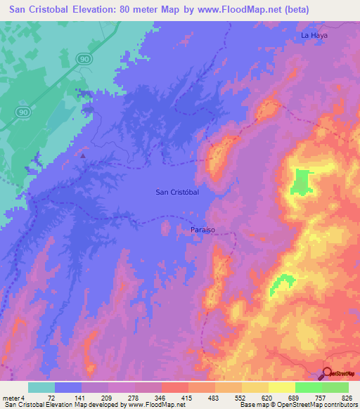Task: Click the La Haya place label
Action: pyautogui.click(x=314, y=34)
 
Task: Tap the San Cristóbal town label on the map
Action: pyautogui.click(x=176, y=192)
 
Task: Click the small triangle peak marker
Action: pyautogui.click(x=83, y=155)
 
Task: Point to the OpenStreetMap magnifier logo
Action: pyautogui.click(x=326, y=373)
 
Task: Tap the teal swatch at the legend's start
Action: pyautogui.click(x=41, y=387)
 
